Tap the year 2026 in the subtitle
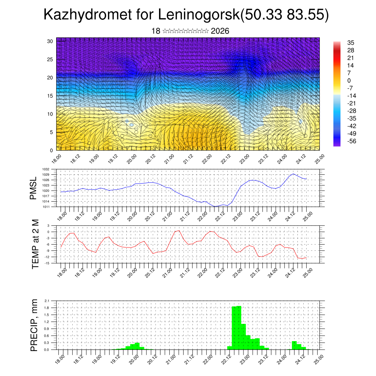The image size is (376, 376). pyautogui.click(x=220, y=31)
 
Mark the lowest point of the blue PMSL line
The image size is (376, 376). pyautogui.click(x=215, y=206)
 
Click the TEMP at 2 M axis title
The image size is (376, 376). pyautogui.click(x=35, y=244)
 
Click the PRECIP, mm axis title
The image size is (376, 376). pyautogui.click(x=34, y=325)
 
